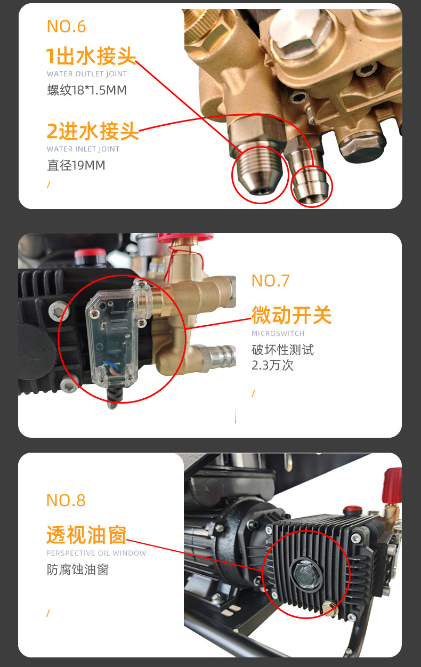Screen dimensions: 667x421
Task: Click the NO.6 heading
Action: pyautogui.click(x=66, y=27)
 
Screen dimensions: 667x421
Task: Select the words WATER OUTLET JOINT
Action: pyautogui.click(x=87, y=74)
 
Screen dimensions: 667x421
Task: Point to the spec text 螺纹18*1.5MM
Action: pyautogui.click(x=87, y=90)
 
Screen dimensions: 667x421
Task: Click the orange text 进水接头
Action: pyautogui.click(x=98, y=131)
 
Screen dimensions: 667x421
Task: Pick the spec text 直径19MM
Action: pyautogui.click(x=76, y=165)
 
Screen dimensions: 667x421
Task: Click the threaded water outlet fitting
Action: pyautogui.click(x=255, y=172)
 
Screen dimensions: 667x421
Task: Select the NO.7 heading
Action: pyautogui.click(x=270, y=281)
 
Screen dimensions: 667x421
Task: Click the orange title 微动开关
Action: pyautogui.click(x=292, y=315)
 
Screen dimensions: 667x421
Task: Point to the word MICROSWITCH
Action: pyautogui.click(x=278, y=334)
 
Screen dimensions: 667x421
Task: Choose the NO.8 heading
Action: pyautogui.click(x=66, y=500)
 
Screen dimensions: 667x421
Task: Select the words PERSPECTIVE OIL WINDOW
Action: pyautogui.click(x=96, y=553)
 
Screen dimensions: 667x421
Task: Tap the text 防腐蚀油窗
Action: pyautogui.click(x=77, y=569)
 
